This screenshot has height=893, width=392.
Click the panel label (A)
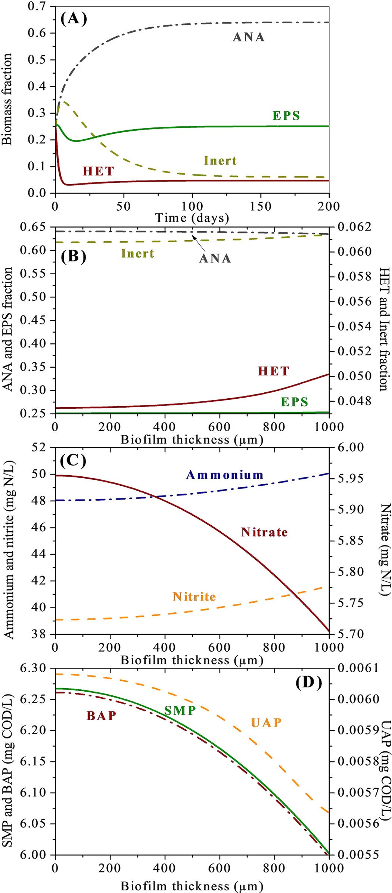pyautogui.click(x=74, y=18)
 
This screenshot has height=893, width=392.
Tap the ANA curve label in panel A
pyautogui.click(x=249, y=37)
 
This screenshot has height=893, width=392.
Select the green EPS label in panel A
pyautogui.click(x=286, y=115)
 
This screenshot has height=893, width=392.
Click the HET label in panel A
pyautogui.click(x=98, y=171)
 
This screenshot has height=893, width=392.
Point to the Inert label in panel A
pyautogui.click(x=220, y=161)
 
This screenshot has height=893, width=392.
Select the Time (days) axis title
pyautogui.click(x=192, y=217)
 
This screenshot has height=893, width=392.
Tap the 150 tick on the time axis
pyautogui.click(x=261, y=206)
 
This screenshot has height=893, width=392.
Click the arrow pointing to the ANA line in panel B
pyautogui.click(x=198, y=243)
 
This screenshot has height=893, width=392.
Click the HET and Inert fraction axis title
pyautogui.click(x=383, y=329)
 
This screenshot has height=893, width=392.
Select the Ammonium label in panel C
pyautogui.click(x=225, y=475)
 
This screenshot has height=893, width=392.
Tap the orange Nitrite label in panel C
pyautogui.click(x=194, y=596)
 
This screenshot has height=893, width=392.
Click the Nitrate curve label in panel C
pyautogui.click(x=264, y=532)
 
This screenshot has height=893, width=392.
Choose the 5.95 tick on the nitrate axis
pyautogui.click(x=350, y=478)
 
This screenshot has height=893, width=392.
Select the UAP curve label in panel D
pyautogui.click(x=266, y=723)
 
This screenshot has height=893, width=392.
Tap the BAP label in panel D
pyautogui.click(x=102, y=716)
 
